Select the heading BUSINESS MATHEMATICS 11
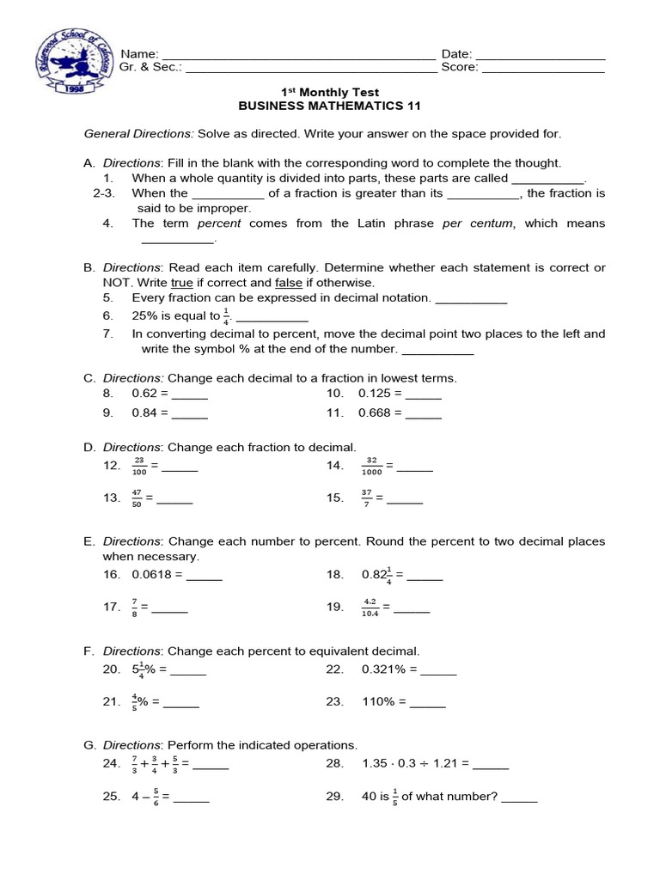point(329,107)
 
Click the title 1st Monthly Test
point(331,92)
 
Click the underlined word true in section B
point(181,283)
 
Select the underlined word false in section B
point(287,283)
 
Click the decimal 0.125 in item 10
point(377,394)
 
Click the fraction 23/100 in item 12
point(138,466)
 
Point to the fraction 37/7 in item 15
point(367,498)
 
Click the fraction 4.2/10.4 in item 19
point(370,608)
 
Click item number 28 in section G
point(334,764)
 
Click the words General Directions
point(138,134)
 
